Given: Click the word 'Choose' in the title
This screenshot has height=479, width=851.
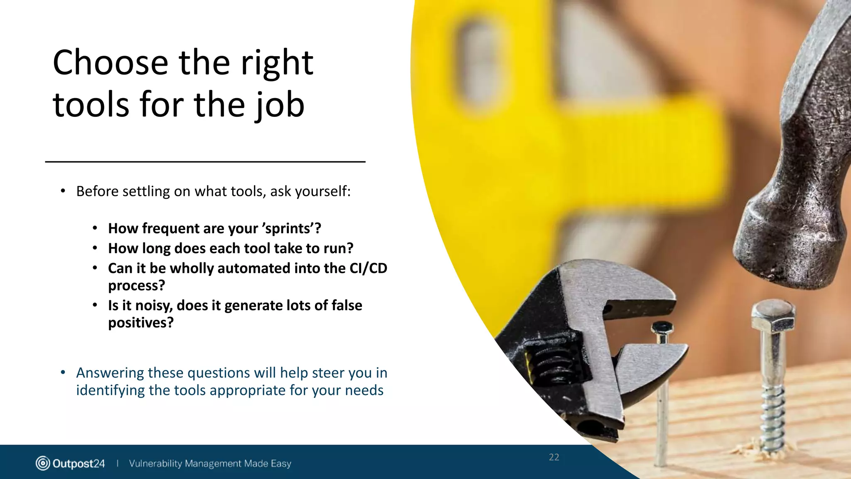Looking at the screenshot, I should (110, 63).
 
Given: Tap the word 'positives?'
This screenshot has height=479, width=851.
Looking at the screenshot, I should (141, 323).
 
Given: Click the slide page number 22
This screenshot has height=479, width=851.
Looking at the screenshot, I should (554, 457).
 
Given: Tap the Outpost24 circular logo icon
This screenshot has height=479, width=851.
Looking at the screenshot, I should (43, 463).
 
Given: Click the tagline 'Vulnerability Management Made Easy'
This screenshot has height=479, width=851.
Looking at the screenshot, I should (210, 464).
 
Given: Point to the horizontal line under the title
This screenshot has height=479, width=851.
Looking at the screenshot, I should (205, 162).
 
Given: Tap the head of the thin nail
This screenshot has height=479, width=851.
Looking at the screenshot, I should (662, 328).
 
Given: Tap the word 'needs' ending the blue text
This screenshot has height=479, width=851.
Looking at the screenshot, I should (366, 390).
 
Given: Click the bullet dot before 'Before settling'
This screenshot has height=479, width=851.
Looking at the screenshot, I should (63, 191).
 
